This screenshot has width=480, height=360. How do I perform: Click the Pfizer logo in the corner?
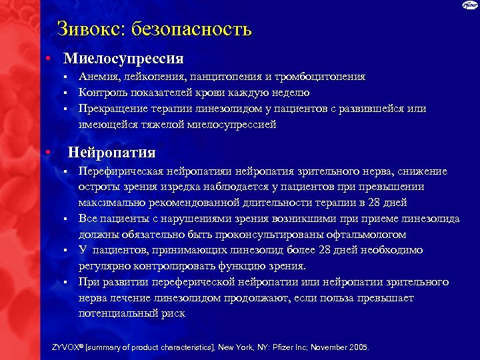469,6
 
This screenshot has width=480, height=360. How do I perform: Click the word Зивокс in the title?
90,29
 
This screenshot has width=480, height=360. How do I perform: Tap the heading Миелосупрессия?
123,59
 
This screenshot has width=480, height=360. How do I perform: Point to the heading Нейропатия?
112,153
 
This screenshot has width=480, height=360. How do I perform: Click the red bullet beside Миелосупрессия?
49,59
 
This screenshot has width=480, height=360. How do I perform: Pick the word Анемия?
97,77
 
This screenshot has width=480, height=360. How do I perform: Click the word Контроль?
103,93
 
